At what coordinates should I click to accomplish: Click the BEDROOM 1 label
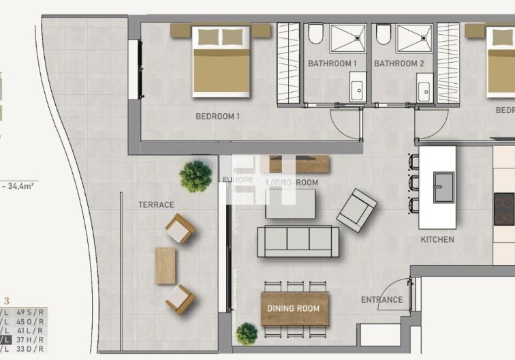218,117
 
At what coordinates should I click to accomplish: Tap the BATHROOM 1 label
332,63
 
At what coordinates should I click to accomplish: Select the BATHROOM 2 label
399,63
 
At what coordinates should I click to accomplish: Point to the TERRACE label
156,205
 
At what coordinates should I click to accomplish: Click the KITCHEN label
437,239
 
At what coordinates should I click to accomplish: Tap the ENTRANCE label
381,299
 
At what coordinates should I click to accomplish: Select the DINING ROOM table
294,309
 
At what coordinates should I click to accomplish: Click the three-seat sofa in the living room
298,241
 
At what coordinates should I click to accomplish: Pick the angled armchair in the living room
356,210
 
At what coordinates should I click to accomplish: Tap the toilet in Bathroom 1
315,34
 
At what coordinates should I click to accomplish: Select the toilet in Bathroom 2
383,34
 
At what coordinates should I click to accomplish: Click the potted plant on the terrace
196,176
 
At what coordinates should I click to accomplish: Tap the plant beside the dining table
247,333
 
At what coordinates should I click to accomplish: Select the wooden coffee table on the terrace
165,265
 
